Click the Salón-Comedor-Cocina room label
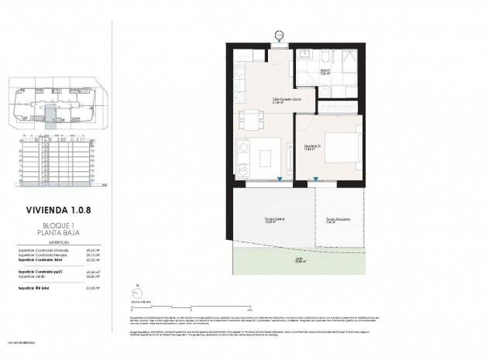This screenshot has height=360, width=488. tap(264, 101)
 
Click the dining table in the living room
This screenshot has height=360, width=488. tap(250, 120)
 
